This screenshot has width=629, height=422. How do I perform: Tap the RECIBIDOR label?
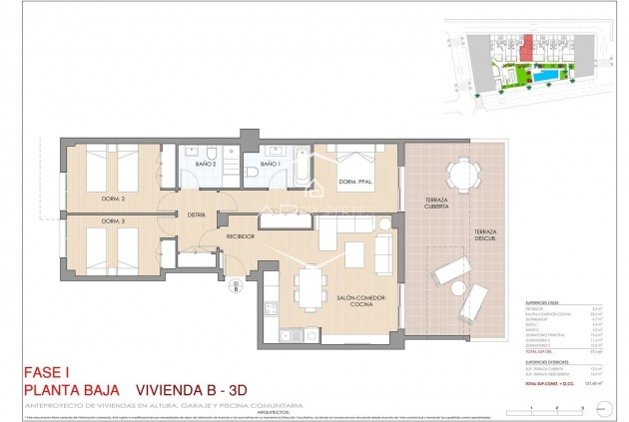241,236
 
